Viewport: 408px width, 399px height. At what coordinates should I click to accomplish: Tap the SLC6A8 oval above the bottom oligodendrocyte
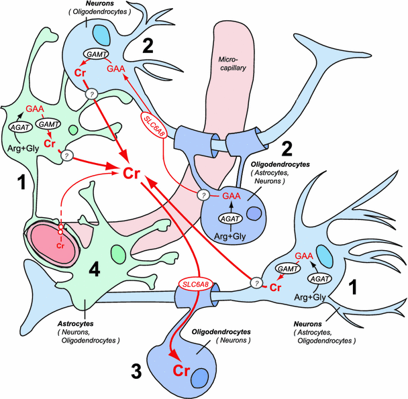pyautogui.click(x=194, y=285)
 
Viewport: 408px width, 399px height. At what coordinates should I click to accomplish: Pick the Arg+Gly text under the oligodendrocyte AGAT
pyautogui.click(x=231, y=237)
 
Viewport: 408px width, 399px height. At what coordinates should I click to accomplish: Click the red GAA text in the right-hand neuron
pyautogui.click(x=304, y=255)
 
